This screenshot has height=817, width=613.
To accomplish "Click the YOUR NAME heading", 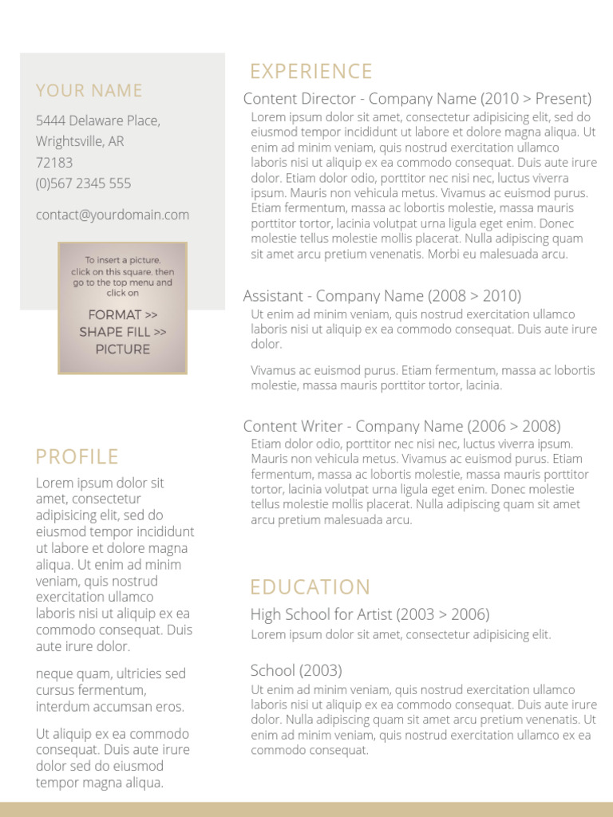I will coord(89,91).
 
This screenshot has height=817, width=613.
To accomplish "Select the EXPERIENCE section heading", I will coord(310,72).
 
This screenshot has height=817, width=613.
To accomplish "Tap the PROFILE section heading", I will coord(77,457).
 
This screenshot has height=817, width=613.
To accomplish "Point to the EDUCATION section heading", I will coord(310,588).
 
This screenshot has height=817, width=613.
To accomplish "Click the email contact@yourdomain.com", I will coord(113,215).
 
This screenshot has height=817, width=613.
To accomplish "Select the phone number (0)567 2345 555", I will coord(83,184).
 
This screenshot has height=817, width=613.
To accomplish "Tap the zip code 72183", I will coord(54,163).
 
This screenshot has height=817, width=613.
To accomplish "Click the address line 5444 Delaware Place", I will coord(97,121).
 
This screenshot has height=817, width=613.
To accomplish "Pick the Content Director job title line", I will coord(417,99).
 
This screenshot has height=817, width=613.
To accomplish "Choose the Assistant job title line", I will coord(382,296).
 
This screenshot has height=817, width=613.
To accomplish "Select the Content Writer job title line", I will coord(401,426).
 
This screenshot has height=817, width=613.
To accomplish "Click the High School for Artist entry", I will coord(370,614).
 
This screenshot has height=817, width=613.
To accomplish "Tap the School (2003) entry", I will coord(296,670).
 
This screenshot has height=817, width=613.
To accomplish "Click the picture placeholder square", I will coord(122,308).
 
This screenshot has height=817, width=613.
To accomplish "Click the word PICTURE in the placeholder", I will coord(122,349).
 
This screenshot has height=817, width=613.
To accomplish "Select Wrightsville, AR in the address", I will coord(80,142).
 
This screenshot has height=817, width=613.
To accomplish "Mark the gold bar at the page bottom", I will coord(306,809).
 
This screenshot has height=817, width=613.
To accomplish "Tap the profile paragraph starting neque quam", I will coord(110,690).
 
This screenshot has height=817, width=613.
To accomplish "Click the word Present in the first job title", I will coord(563,99).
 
